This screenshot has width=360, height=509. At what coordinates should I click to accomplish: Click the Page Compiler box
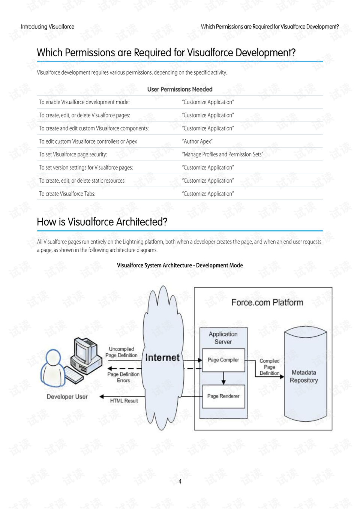(223, 360)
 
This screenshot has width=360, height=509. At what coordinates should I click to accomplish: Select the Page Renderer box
(223, 396)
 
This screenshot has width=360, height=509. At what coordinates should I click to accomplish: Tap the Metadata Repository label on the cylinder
(304, 376)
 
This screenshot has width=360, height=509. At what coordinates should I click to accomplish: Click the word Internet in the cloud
(162, 357)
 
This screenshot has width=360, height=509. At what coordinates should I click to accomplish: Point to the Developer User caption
(67, 396)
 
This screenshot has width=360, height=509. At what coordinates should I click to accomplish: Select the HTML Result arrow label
(124, 401)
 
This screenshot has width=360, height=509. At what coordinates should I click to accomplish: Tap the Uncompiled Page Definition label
(121, 352)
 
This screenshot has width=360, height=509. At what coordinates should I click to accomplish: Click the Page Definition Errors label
(123, 377)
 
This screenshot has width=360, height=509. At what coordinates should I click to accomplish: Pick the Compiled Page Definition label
(269, 367)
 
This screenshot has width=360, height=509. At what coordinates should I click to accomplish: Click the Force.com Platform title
(267, 302)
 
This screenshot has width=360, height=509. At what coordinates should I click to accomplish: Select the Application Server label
(223, 338)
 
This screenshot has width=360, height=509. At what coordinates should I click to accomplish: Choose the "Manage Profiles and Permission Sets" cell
(222, 155)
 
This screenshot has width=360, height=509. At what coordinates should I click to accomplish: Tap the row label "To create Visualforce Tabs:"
(67, 194)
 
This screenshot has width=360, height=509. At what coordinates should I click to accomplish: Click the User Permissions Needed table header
(180, 89)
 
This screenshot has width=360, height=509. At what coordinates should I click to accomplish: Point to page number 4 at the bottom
(180, 481)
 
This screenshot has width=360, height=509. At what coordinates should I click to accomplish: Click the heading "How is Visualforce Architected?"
(102, 222)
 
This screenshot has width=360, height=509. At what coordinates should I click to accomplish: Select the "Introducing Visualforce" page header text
(48, 27)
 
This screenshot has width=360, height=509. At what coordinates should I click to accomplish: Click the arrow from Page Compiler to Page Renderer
(223, 378)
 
